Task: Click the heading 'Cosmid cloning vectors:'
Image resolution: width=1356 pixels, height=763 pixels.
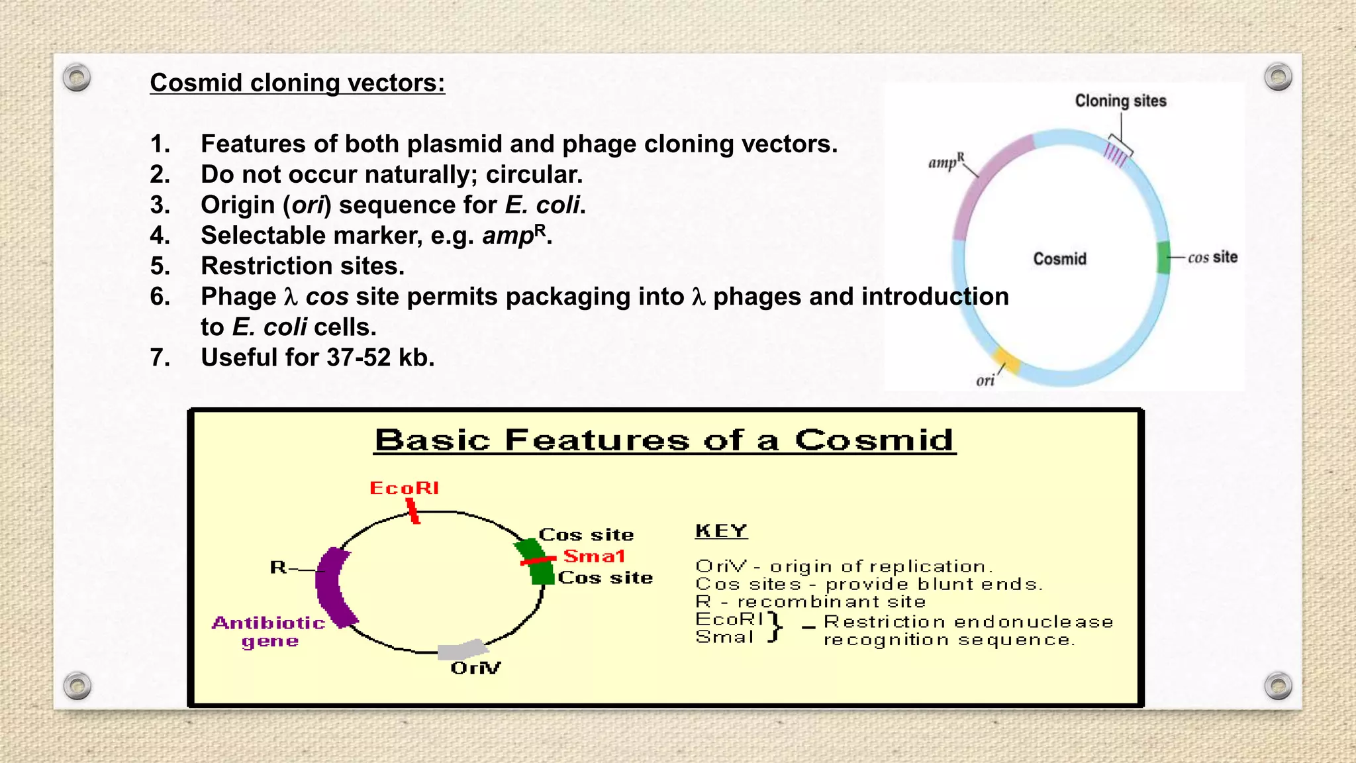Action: (x=297, y=83)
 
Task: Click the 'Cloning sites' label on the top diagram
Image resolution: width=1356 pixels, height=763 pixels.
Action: (x=1120, y=101)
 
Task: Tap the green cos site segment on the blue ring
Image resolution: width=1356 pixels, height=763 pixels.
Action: (x=1163, y=258)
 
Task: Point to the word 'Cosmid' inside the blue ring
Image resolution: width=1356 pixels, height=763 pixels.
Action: (x=1059, y=259)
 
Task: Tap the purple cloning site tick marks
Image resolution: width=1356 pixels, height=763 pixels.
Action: (x=1115, y=155)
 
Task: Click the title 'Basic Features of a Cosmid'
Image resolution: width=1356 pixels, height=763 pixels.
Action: (x=665, y=440)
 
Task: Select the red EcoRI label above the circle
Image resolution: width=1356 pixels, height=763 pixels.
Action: (x=404, y=488)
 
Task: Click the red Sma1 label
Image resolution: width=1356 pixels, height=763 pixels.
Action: (x=594, y=556)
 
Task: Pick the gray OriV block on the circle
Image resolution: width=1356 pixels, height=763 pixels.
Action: (x=462, y=648)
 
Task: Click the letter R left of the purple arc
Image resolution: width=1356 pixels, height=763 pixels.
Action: (x=277, y=568)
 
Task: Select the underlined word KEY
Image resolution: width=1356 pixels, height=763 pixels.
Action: (x=721, y=531)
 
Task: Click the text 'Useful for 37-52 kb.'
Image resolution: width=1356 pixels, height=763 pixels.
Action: (x=318, y=358)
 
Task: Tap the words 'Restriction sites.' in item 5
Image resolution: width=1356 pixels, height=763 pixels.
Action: (x=303, y=266)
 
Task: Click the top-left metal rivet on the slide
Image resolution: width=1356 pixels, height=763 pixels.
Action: (x=77, y=78)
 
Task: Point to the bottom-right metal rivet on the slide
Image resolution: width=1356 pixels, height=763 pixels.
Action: (x=1278, y=686)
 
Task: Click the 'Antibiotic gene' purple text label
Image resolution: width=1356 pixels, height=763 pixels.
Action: (x=269, y=632)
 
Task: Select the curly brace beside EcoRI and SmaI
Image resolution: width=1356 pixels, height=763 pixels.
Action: (x=775, y=627)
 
